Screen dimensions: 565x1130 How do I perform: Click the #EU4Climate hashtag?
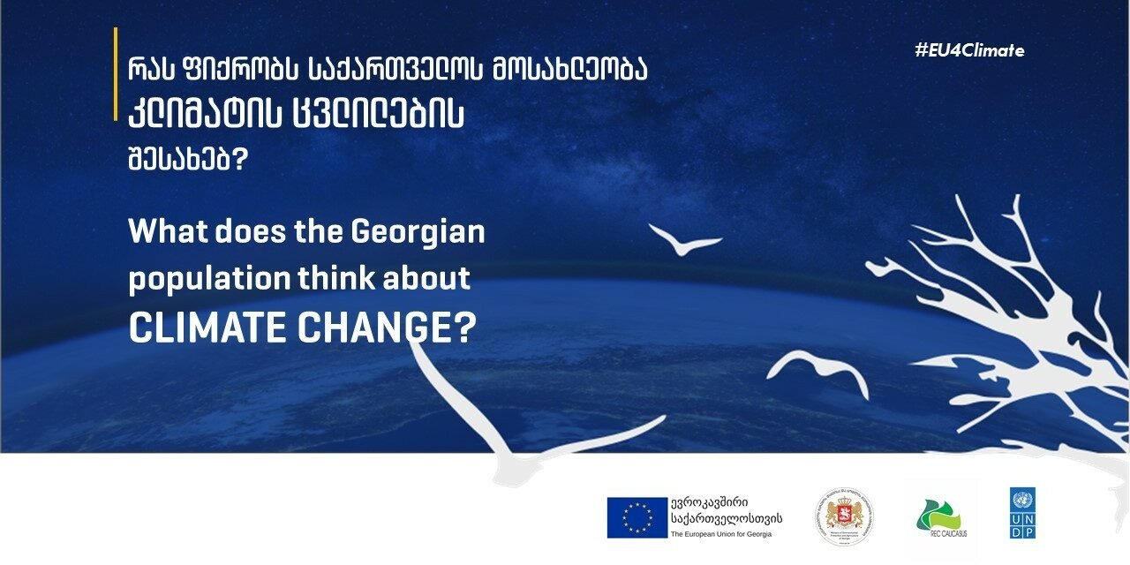point(969,50)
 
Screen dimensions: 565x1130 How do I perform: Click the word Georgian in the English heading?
point(418,233)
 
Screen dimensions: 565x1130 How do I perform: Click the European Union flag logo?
point(637,517)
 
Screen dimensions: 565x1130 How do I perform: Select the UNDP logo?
point(1022,513)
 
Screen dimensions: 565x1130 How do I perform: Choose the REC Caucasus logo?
point(941,516)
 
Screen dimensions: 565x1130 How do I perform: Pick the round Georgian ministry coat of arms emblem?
point(845,516)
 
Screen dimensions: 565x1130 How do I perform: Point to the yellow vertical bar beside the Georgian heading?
point(116,74)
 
